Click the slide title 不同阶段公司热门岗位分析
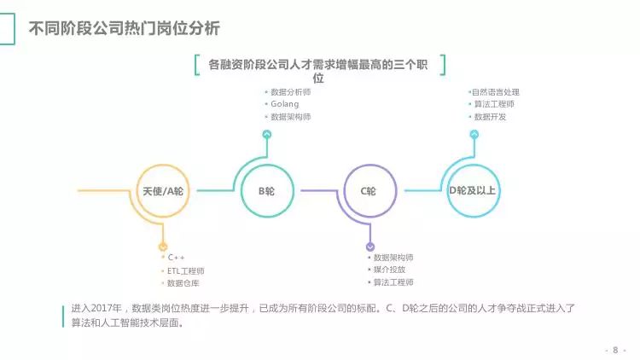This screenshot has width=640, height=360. click(125, 29)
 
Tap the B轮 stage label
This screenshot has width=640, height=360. click(266, 191)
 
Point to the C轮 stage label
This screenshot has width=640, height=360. click(369, 191)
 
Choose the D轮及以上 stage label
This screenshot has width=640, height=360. click(472, 190)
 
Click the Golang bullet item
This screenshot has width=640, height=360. click(285, 104)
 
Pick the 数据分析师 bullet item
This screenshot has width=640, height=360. click(290, 91)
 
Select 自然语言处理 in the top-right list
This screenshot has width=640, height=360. click(496, 91)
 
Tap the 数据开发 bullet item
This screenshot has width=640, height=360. click(490, 117)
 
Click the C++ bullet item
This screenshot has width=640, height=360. click(176, 258)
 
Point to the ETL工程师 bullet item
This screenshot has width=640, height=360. click(185, 270)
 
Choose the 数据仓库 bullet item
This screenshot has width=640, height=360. click(183, 283)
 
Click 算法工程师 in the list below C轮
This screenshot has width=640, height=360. click(393, 282)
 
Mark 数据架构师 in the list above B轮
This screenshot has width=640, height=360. click(290, 117)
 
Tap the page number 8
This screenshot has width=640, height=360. click(614, 350)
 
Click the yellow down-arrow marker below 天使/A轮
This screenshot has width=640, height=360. click(162, 246)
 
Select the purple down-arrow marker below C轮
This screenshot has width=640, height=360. click(370, 246)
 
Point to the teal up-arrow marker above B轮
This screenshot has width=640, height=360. click(266, 134)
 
